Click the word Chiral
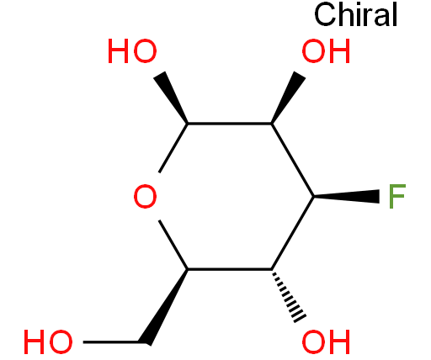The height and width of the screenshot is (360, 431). [x=355, y=14]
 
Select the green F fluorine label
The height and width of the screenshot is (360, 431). [x=397, y=196]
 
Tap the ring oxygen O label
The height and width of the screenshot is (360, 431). [x=145, y=196]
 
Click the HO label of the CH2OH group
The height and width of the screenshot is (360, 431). [x=48, y=341]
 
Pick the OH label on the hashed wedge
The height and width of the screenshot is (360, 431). [x=326, y=341]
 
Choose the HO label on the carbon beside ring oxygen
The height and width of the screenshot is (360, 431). [x=132, y=51]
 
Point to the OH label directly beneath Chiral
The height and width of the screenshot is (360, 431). [x=326, y=51]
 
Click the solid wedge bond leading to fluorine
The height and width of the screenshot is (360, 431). [x=347, y=196]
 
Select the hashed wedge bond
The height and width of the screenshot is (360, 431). [x=289, y=296]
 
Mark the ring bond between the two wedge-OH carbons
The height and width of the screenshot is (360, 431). [x=230, y=123]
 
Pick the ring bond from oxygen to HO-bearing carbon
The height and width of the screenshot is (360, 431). [x=173, y=148]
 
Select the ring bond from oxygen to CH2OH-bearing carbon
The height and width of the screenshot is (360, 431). [x=173, y=245]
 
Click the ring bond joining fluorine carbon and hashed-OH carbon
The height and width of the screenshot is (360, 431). [x=292, y=233]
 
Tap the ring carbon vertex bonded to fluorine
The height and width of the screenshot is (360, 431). [x=313, y=196]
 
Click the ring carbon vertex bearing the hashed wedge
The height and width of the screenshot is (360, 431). [x=271, y=269]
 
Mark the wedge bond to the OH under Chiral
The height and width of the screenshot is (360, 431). [x=289, y=97]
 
